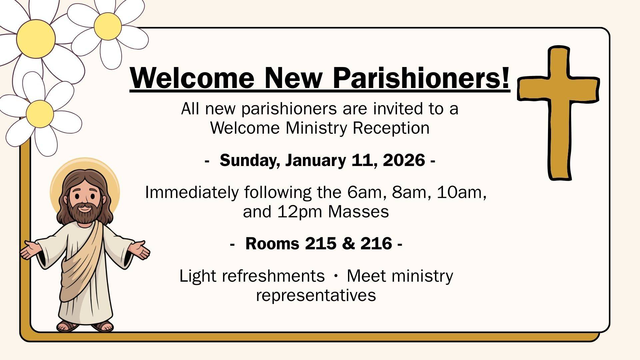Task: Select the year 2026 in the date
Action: (404, 160)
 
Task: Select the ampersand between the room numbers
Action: (348, 244)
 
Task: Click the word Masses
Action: (358, 212)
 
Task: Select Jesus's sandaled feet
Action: (85, 326)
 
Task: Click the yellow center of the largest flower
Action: (36, 39)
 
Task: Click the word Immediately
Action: (192, 193)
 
